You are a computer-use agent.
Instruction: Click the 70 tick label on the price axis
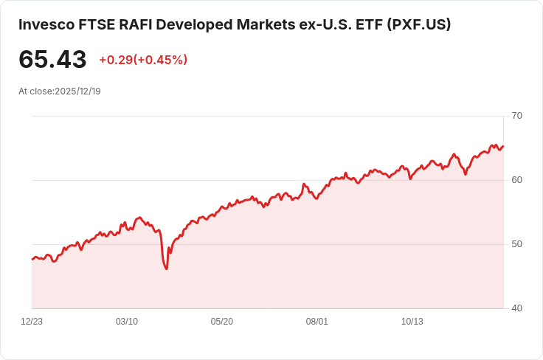click(517, 116)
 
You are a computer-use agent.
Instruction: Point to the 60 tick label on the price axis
click(517, 180)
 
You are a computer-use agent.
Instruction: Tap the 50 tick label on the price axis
click(517, 244)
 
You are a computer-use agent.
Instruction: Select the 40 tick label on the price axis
click(517, 308)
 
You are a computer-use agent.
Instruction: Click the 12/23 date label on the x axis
click(32, 322)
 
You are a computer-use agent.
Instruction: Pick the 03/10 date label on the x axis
click(127, 322)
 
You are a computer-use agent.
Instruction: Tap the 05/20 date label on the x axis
click(222, 322)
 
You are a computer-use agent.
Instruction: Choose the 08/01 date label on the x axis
click(317, 322)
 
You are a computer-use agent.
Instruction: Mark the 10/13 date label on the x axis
click(412, 322)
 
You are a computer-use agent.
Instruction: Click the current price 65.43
click(52, 60)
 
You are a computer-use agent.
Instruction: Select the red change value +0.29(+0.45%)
click(143, 60)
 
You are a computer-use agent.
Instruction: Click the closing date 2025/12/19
click(77, 91)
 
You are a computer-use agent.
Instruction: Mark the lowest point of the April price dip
click(167, 269)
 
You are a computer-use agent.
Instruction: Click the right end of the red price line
click(503, 146)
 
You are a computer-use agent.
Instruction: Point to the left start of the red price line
click(32, 259)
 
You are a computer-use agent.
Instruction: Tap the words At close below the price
click(35, 91)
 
